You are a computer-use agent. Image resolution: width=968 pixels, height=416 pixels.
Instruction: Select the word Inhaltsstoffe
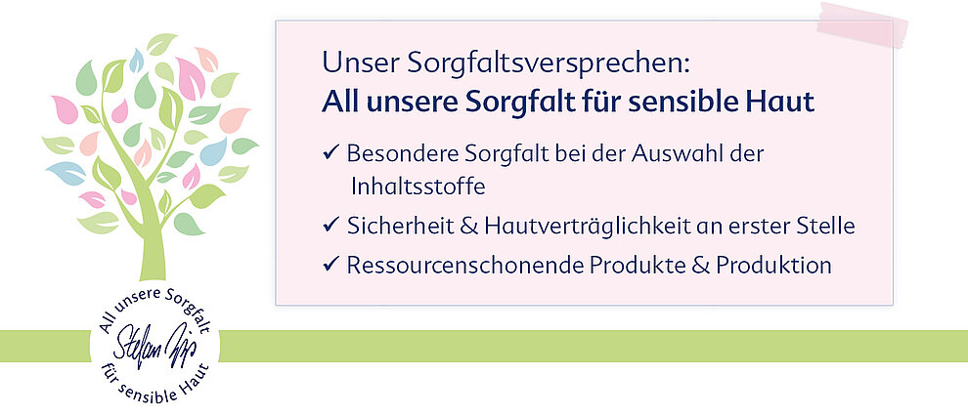(418, 187)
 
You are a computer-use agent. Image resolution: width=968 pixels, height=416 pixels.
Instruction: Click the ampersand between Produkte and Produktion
(700, 265)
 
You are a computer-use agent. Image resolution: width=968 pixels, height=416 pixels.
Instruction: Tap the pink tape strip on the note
(862, 24)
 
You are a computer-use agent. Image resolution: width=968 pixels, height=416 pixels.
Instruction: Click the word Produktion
(773, 265)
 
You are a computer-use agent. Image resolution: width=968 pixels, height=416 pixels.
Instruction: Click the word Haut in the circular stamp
(196, 380)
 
